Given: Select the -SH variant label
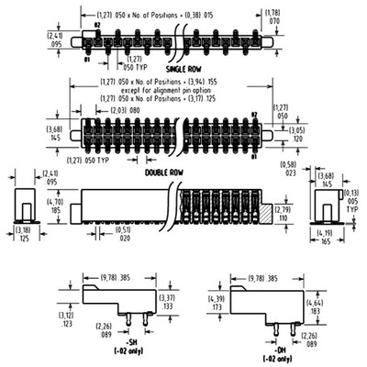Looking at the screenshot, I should point(128,341).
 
